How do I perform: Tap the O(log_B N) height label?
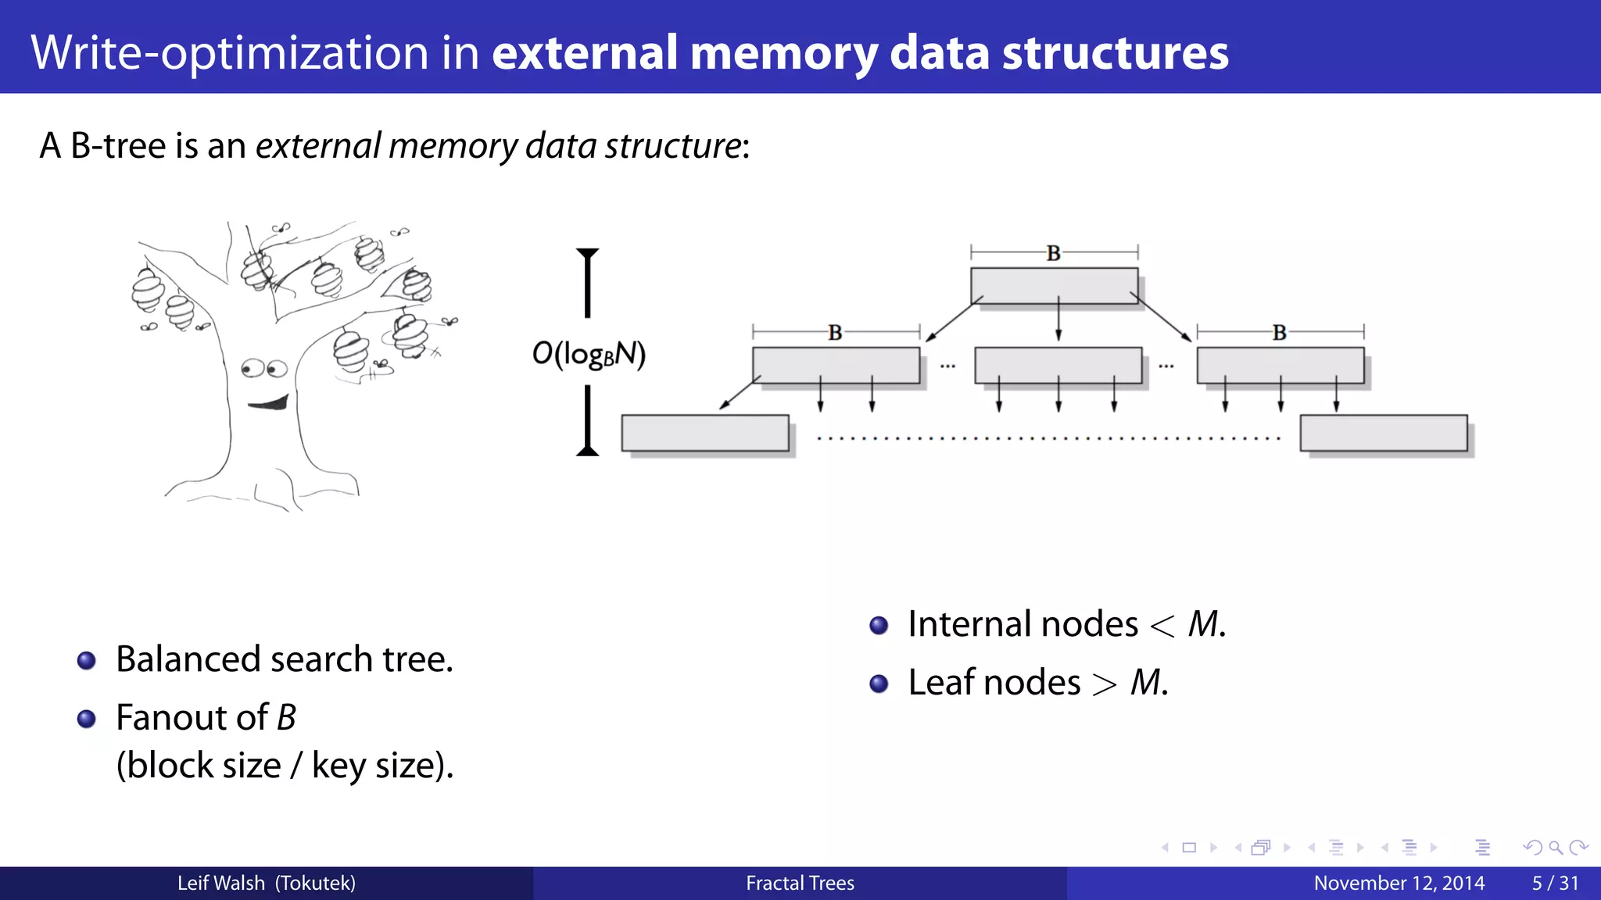point(589,354)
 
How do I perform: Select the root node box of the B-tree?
point(1053,285)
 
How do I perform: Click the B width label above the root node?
point(1053,253)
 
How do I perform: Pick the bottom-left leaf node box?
point(704,433)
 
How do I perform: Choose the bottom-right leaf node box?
point(1383,433)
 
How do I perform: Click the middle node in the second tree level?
point(1058,365)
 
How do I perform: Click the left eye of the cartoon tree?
point(252,368)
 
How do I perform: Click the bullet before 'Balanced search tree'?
point(87,661)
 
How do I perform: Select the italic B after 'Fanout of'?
point(287,717)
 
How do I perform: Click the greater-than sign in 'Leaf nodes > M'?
point(1105,684)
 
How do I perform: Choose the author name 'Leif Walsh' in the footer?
point(220,883)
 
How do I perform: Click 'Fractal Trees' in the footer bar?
point(800,883)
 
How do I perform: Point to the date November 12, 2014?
point(1399,883)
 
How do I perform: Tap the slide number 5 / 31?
point(1554,883)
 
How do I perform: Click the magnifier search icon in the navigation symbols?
point(1555,848)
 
